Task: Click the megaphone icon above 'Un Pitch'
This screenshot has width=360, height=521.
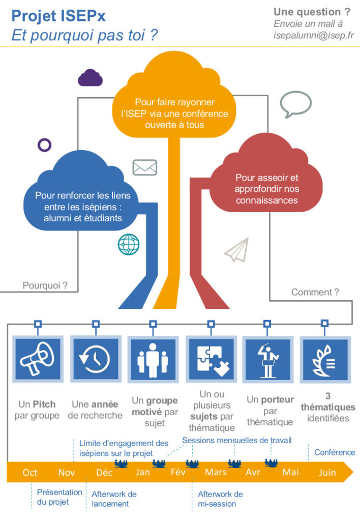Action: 37,359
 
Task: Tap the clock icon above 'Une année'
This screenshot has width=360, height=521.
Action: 95,359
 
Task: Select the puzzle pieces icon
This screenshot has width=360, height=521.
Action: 210,359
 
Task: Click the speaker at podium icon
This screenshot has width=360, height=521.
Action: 267,359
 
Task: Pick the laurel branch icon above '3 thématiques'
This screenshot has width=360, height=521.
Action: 325,359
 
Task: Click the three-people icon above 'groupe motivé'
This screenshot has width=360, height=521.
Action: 153,359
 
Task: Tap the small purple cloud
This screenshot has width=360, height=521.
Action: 91,78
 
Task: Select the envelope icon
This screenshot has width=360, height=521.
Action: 145,167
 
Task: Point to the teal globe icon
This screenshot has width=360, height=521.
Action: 129,244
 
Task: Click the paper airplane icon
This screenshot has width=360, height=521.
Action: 236,249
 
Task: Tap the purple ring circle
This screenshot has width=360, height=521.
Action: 45,145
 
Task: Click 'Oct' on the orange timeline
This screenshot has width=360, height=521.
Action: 30,473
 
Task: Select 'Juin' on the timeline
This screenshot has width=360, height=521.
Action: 327,473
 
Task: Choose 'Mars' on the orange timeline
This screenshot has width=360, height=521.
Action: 216,473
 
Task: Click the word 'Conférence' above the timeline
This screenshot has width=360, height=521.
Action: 335,452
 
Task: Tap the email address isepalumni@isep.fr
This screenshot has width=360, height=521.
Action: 314,36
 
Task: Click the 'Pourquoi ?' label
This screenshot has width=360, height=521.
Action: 45,285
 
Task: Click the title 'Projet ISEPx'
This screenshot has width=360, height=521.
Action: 58,16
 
